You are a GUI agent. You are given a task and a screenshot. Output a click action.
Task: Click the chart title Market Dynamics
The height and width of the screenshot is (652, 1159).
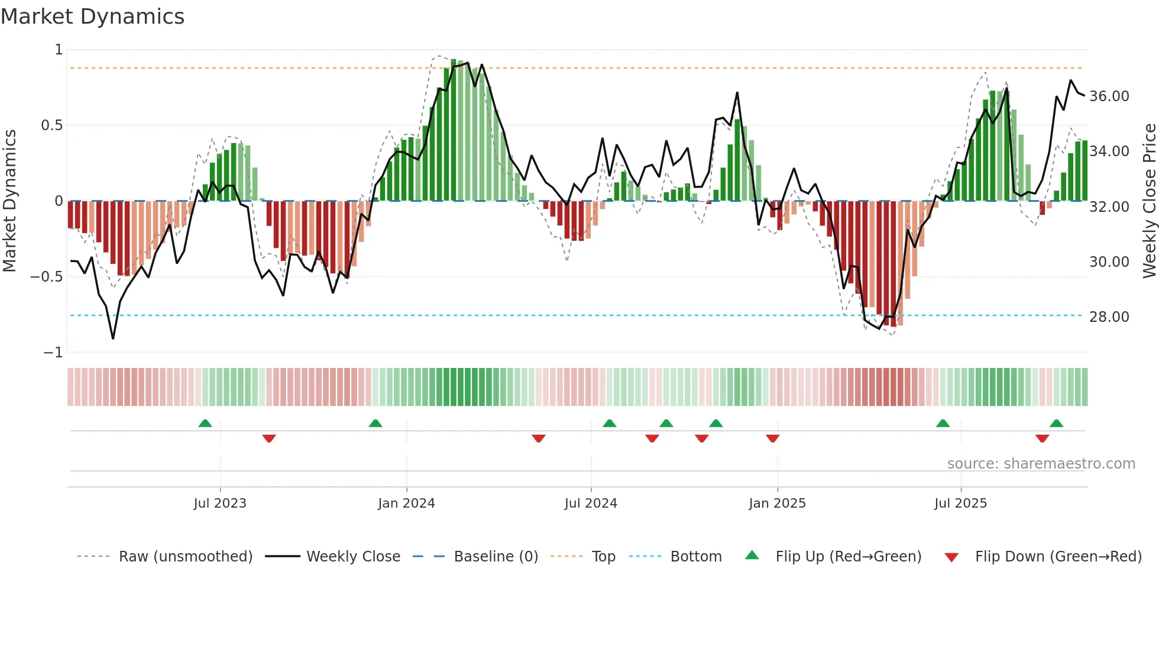pos(93,17)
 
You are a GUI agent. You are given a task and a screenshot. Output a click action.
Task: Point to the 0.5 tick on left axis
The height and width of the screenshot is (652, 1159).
pos(51,125)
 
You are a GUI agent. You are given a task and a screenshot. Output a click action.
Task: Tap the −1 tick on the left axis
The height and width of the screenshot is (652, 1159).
pos(53,353)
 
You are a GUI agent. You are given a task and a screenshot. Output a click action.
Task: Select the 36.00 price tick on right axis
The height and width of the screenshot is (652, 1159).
pos(1109,96)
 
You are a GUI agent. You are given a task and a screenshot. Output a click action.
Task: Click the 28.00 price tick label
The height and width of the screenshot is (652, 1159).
pos(1109,317)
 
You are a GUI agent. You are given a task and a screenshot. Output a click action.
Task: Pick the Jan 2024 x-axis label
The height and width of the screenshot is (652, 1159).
pos(406,503)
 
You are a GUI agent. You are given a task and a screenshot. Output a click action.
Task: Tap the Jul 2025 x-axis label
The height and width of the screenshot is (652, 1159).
pos(960,503)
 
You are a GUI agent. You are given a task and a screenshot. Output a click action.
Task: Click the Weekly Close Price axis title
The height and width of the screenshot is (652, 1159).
pos(1149,201)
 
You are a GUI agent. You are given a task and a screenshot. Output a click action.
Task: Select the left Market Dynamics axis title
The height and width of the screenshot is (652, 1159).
pos(9,201)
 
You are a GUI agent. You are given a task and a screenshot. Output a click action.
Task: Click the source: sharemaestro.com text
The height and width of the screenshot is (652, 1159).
pos(1041,464)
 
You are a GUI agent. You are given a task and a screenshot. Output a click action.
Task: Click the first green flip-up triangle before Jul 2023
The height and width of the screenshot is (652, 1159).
pos(205,424)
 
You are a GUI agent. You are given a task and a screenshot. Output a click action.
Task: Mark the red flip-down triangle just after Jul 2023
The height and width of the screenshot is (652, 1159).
pos(269,438)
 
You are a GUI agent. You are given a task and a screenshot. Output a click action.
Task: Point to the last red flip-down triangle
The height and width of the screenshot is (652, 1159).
pos(1042,438)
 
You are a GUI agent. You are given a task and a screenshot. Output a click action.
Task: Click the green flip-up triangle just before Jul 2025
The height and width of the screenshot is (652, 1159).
pos(943,424)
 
